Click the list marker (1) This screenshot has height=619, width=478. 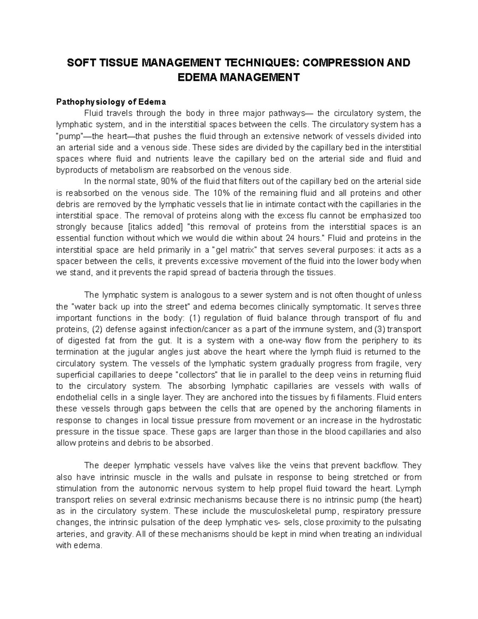pos(193,318)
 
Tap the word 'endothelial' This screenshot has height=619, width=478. pos(76,397)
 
